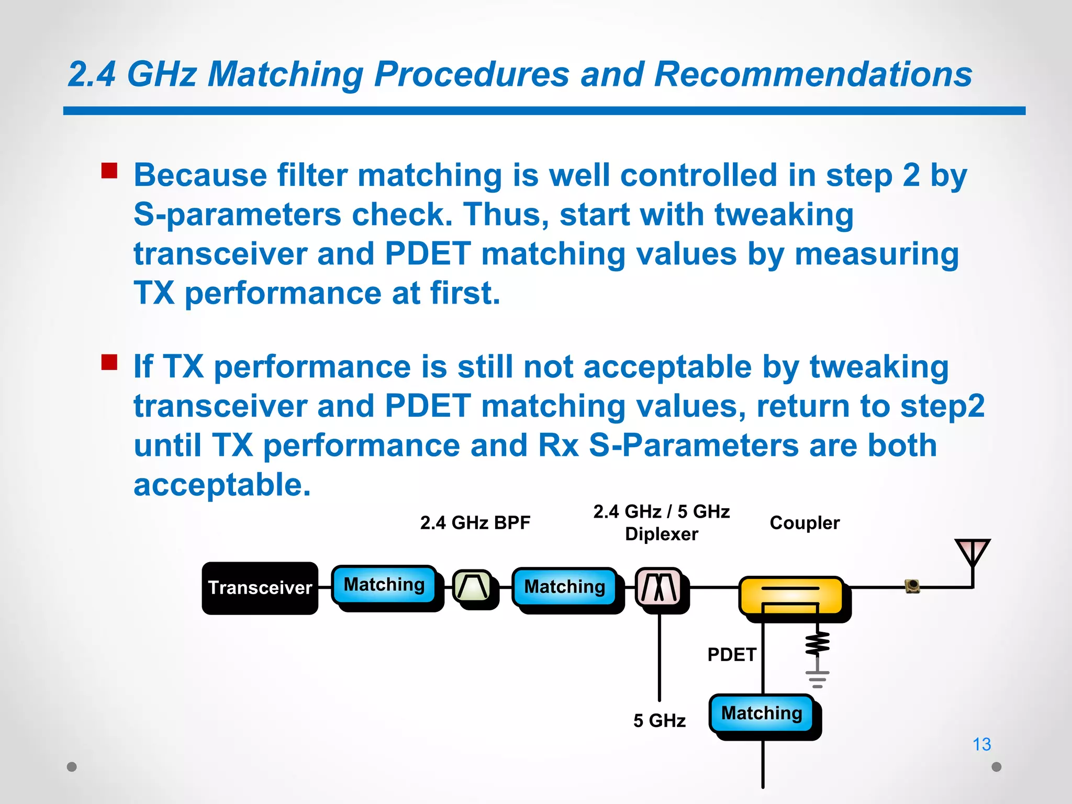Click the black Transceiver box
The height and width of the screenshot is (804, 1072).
(260, 588)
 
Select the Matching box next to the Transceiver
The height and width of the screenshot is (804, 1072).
(384, 585)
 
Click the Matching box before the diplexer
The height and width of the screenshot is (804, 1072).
(565, 587)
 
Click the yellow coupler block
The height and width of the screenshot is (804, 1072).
(790, 595)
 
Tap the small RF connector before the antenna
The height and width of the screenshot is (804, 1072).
(912, 586)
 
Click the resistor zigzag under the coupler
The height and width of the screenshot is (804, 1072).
(817, 644)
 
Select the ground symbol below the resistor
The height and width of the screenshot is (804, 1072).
(817, 679)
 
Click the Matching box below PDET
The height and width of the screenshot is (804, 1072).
(762, 713)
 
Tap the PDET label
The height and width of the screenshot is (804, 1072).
(731, 655)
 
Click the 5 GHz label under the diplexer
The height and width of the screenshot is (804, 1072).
(659, 721)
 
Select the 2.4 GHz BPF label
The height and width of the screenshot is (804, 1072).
(475, 523)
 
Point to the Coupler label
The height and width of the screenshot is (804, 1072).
(805, 523)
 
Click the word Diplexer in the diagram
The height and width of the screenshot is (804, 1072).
(661, 534)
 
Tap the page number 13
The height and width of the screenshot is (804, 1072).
(981, 744)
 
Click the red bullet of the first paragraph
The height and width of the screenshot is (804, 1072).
(109, 171)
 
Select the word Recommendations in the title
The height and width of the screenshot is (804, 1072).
(813, 74)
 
